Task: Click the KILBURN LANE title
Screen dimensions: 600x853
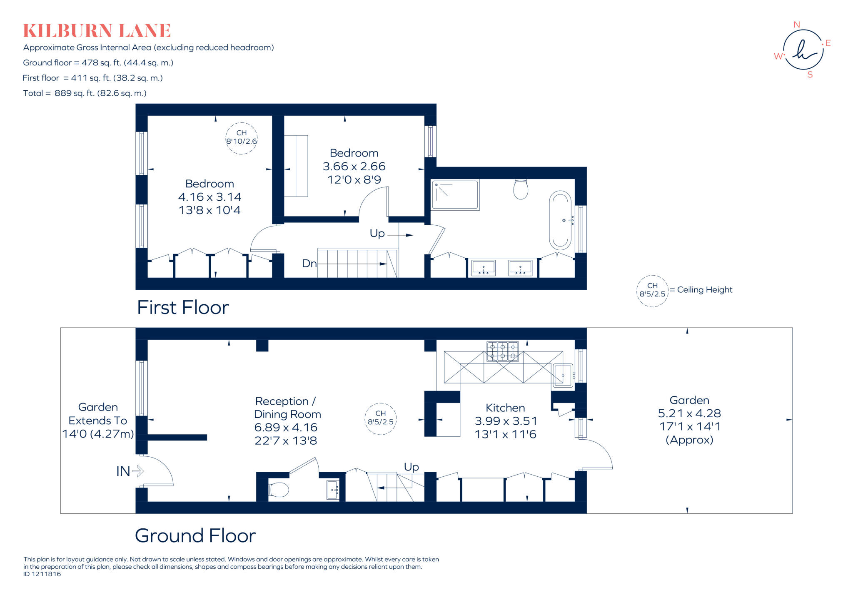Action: [97, 31]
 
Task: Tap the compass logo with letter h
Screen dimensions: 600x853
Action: [803, 50]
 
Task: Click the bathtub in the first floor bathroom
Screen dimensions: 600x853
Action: [560, 220]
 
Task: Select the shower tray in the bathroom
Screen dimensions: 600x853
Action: [455, 195]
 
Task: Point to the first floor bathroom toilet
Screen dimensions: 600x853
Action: [521, 189]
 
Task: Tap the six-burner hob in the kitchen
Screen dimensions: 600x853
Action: [503, 351]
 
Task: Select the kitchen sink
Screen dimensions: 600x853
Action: [563, 376]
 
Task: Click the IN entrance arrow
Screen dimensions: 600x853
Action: [137, 471]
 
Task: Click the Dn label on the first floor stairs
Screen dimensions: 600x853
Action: [309, 264]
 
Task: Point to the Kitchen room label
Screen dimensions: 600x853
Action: [505, 408]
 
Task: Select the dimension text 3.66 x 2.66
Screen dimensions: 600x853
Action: [354, 166]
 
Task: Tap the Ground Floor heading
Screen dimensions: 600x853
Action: [195, 535]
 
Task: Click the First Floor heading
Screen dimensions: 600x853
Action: [183, 308]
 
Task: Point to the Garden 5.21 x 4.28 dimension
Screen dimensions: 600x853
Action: [689, 413]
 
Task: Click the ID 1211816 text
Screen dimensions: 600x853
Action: [42, 574]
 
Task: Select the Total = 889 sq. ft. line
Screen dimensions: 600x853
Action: [85, 93]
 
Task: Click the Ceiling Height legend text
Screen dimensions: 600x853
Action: [704, 290]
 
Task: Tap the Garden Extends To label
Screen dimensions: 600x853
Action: [98, 414]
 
